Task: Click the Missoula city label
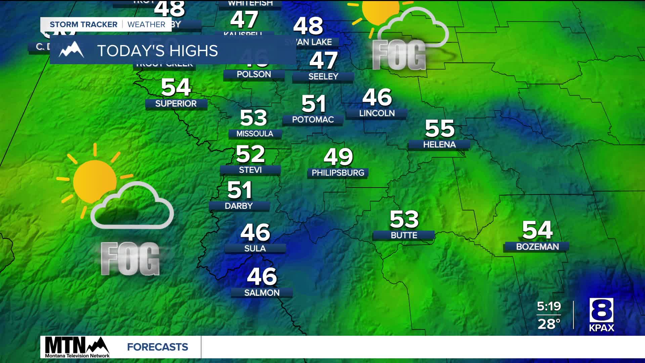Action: pos(255,134)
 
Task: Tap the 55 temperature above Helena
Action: pos(439,128)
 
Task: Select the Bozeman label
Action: pos(537,247)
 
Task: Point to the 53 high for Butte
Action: pos(404,219)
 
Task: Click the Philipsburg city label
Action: pos(338,173)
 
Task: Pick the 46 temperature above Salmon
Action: pos(262,276)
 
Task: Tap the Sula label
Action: pos(255,248)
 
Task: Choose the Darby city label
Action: pos(239,206)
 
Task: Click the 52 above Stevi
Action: pos(250,154)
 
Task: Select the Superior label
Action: pos(176,104)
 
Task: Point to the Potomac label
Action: pos(313,120)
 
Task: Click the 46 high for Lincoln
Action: pos(377,97)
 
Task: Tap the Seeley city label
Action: pos(323,77)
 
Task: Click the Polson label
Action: pos(254,74)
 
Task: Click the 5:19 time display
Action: pos(549,306)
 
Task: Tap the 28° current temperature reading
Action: pos(549,324)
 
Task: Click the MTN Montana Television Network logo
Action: pos(77,347)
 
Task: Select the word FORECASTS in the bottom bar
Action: pos(158,347)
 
